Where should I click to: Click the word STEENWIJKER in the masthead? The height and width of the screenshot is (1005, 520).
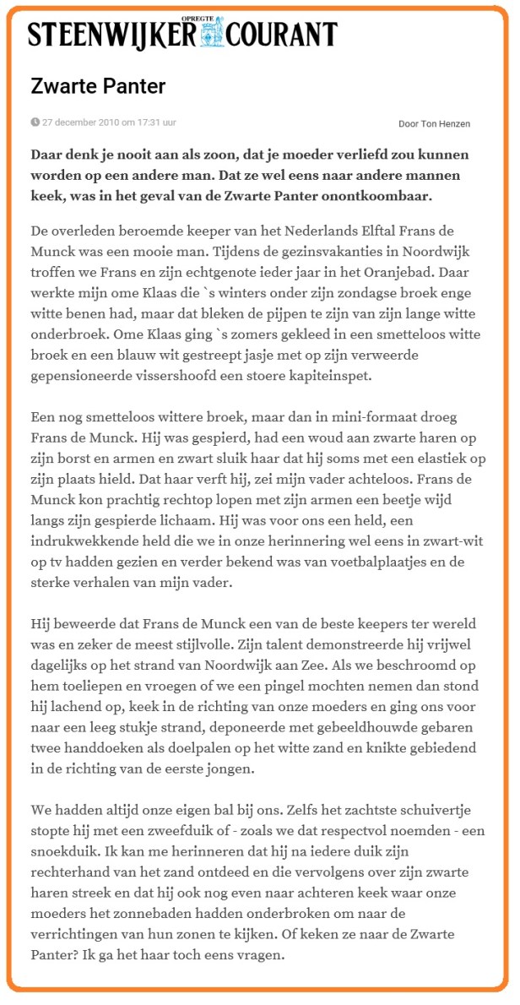tap(112, 35)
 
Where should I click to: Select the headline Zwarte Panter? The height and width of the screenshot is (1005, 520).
tap(98, 86)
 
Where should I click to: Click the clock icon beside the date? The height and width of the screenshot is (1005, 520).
tap(35, 122)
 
